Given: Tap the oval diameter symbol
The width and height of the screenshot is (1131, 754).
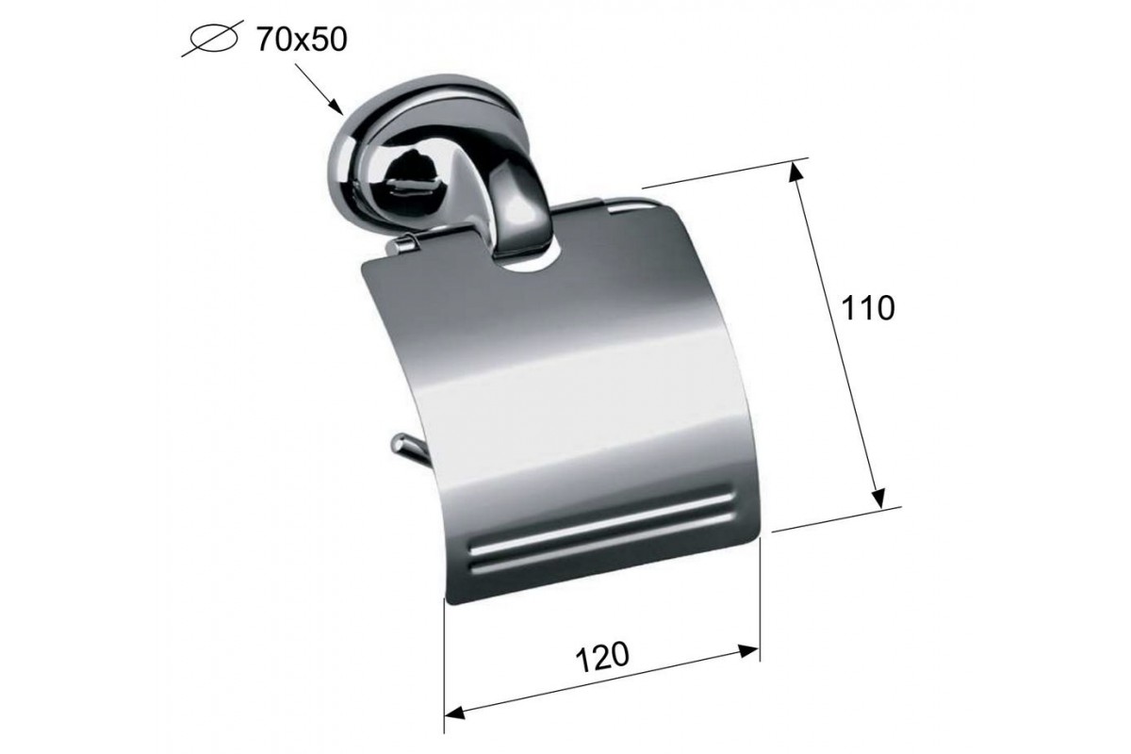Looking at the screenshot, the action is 213,39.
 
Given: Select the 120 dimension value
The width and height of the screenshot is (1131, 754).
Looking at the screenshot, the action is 602,657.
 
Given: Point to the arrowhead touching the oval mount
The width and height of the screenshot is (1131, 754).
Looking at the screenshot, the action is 336,107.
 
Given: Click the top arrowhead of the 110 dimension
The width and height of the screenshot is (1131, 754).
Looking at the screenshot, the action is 796,172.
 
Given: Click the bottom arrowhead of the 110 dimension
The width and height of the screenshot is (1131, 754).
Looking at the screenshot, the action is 878,497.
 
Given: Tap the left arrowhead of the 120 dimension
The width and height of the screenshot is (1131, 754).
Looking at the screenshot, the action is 455,713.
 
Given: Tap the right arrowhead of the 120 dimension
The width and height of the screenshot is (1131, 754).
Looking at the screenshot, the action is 748,651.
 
